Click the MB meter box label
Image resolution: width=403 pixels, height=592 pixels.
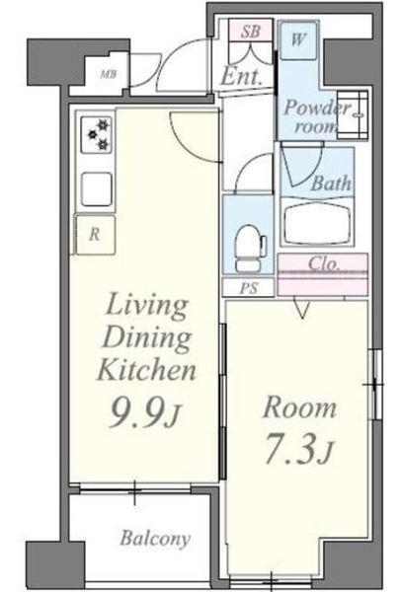pyautogui.click(x=109, y=74)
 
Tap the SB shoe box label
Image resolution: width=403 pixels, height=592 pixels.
pyautogui.click(x=251, y=32)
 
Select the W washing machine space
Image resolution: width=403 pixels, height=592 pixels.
pyautogui.click(x=298, y=39)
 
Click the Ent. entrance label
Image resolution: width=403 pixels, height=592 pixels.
pyautogui.click(x=241, y=76)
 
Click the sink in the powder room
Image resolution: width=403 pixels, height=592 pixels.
pyautogui.click(x=353, y=115)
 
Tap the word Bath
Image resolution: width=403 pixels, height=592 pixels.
pyautogui.click(x=331, y=184)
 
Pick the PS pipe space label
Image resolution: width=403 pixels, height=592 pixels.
pyautogui.click(x=249, y=288)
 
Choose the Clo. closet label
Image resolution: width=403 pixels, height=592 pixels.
pyautogui.click(x=324, y=263)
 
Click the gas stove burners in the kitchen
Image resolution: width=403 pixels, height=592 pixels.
pyautogui.click(x=96, y=133)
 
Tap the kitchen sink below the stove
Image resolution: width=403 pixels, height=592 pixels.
pyautogui.click(x=97, y=189)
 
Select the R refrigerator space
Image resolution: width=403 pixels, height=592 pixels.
pyautogui.click(x=95, y=235)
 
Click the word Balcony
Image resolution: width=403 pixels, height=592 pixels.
pyautogui.click(x=155, y=539)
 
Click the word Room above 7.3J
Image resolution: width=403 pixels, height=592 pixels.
pyautogui.click(x=299, y=407)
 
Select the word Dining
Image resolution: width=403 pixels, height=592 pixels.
pyautogui.click(x=147, y=337)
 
